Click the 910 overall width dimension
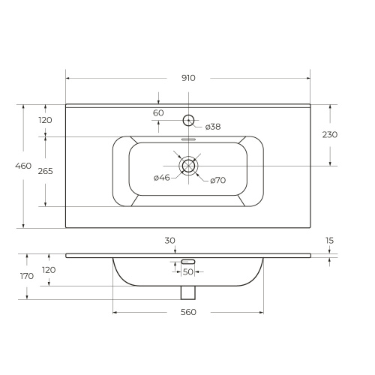(x=188, y=78)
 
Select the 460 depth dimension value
(x=23, y=166)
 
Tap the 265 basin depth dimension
(x=46, y=171)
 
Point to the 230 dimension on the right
(x=330, y=135)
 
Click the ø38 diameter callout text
(x=213, y=127)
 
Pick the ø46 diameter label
(x=162, y=178)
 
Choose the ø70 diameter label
(x=218, y=180)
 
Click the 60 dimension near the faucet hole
(x=158, y=113)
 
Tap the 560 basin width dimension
(x=188, y=312)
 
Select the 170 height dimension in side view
(x=27, y=276)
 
